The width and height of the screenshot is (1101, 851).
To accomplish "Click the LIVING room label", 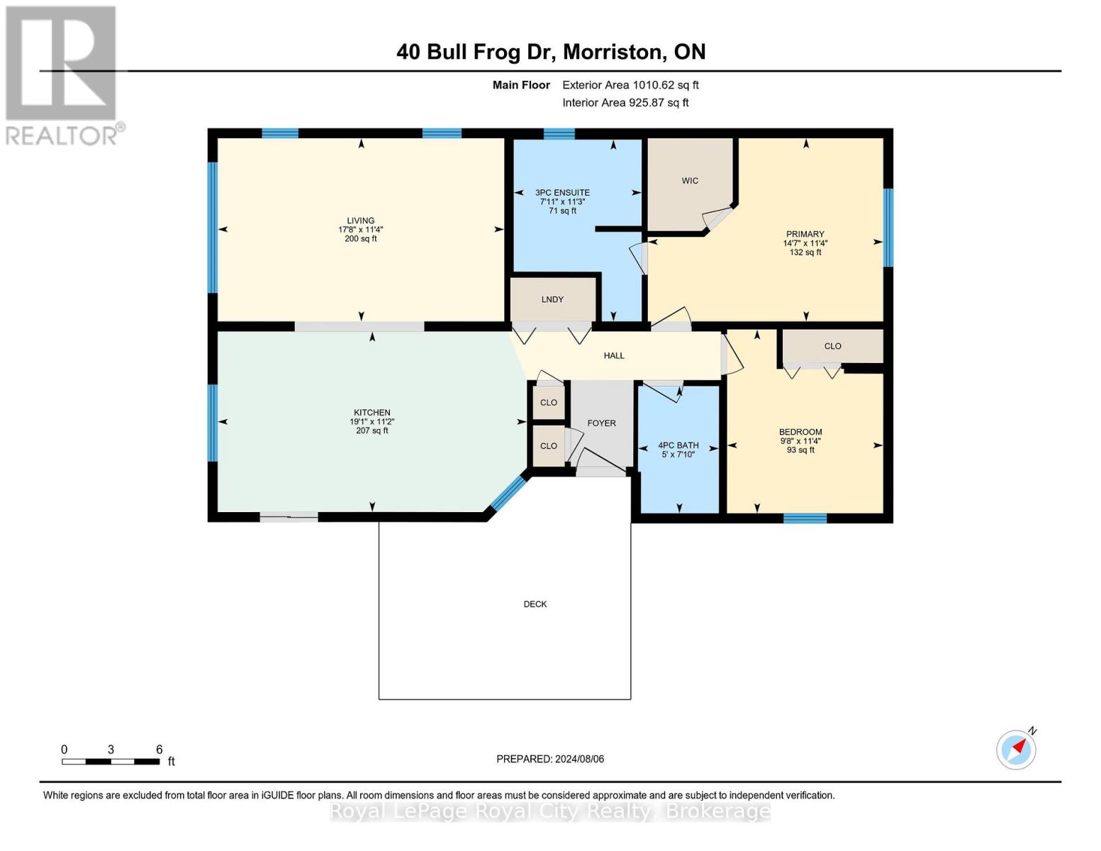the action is pyautogui.click(x=360, y=221).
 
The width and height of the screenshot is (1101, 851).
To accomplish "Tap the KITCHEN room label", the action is pyautogui.click(x=372, y=413).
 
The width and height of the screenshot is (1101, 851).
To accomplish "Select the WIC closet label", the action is pyautogui.click(x=690, y=181).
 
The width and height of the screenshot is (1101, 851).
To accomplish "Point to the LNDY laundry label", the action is pyautogui.click(x=552, y=299).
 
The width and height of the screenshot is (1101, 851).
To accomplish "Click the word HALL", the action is pyautogui.click(x=613, y=356).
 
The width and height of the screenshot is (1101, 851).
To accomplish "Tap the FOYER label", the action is pyautogui.click(x=601, y=423).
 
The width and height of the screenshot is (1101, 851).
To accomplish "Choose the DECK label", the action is pyautogui.click(x=535, y=604).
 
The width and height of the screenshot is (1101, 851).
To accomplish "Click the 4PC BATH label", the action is pyautogui.click(x=678, y=445).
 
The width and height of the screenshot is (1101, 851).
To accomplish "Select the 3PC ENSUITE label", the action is pyautogui.click(x=562, y=193).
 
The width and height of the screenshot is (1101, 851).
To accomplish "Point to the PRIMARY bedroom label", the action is pyautogui.click(x=805, y=234).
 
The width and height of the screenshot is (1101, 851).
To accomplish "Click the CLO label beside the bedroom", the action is pyautogui.click(x=832, y=346).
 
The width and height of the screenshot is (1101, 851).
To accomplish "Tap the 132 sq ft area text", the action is pyautogui.click(x=805, y=252).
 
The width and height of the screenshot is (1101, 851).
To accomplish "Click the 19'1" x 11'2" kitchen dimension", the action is pyautogui.click(x=372, y=422).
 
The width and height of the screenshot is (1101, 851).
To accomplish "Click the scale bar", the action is pyautogui.click(x=111, y=761).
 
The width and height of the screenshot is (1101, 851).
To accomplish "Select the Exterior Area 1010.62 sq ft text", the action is pyautogui.click(x=630, y=85).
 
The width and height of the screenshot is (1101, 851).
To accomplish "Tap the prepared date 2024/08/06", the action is pyautogui.click(x=579, y=759).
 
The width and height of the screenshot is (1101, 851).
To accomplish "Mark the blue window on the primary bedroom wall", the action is pyautogui.click(x=888, y=228).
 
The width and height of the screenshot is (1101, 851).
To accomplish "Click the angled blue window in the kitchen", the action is pyautogui.click(x=508, y=493).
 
